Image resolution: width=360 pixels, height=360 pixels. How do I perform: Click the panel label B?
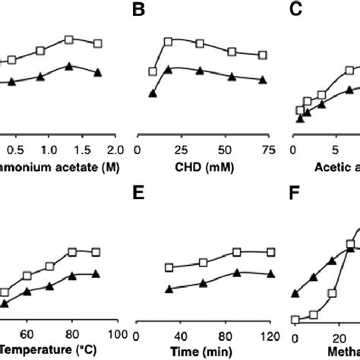coord(139,11)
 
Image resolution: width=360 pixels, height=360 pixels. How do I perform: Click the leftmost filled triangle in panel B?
coord(153,94)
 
